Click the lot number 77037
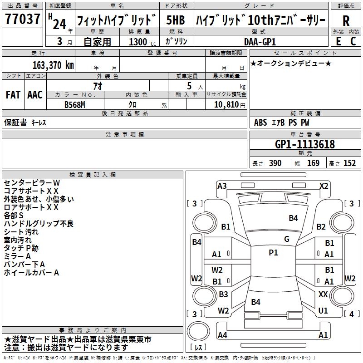(x=23, y=20)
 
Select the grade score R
(x=346, y=20)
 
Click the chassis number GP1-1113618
(x=305, y=144)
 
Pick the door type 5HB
(x=175, y=20)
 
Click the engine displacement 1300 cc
(x=138, y=42)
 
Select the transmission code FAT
(x=13, y=95)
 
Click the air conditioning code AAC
(x=35, y=95)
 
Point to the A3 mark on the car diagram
(x=222, y=186)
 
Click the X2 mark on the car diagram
(x=324, y=186)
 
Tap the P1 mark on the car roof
(x=273, y=253)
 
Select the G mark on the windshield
(x=286, y=239)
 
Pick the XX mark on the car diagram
(x=323, y=294)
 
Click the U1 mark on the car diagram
(x=323, y=311)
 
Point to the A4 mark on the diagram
(x=222, y=335)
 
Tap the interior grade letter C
(x=353, y=41)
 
